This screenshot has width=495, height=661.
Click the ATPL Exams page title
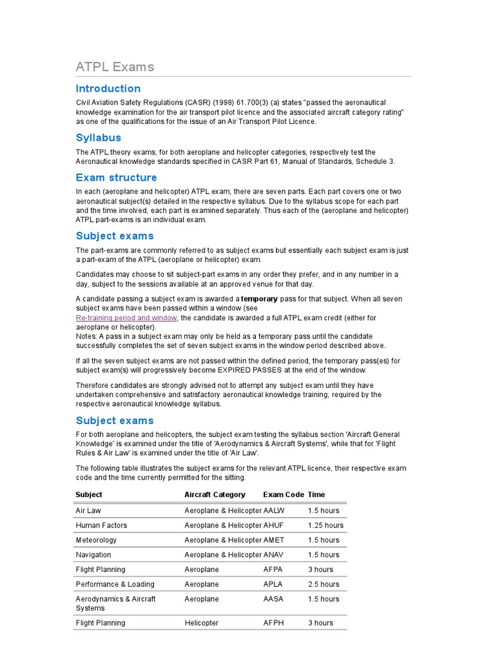115,67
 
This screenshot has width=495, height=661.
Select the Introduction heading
108,88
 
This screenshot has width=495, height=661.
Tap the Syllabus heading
98,137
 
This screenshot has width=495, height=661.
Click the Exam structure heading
116,178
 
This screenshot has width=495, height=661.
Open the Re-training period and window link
126,318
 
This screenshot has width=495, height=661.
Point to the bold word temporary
259,299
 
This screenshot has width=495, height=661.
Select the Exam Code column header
283,494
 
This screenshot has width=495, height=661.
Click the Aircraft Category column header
215,494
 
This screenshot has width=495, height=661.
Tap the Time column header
316,494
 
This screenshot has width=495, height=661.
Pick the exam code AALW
274,511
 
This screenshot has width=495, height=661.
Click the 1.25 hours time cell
325,525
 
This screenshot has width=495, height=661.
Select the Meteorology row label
96,540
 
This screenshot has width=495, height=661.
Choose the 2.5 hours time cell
323,584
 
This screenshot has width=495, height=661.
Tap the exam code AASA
273,599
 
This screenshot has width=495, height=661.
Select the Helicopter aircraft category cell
201,623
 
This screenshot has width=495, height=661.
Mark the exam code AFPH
273,623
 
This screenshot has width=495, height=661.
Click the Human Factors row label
101,525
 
